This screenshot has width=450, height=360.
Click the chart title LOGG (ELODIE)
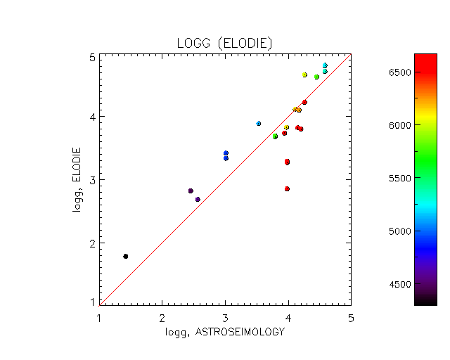click(224, 44)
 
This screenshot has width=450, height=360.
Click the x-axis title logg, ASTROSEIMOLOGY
click(224, 331)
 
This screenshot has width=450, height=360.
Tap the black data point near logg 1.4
click(125, 256)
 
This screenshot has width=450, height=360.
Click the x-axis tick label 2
click(162, 316)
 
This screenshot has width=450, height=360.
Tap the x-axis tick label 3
click(225, 316)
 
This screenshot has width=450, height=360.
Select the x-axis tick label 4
click(288, 316)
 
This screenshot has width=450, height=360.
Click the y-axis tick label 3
click(92, 180)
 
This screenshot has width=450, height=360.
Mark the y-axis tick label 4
click(92, 117)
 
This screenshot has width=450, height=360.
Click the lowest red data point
click(287, 188)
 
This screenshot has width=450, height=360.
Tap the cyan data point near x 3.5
click(259, 123)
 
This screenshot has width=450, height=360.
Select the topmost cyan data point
click(325, 65)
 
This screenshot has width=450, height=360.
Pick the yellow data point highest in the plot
click(304, 75)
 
